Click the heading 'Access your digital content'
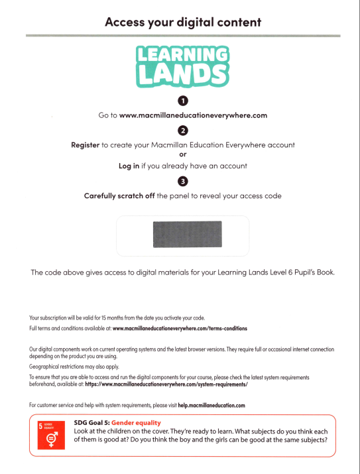(183, 22)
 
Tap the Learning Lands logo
(183, 66)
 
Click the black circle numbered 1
(183, 100)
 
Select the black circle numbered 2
(183, 130)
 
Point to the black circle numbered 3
(183, 181)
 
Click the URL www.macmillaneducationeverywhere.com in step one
(193, 115)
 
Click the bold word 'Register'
(85, 145)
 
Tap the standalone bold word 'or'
(183, 155)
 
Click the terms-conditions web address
(180, 328)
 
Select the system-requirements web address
(166, 385)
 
